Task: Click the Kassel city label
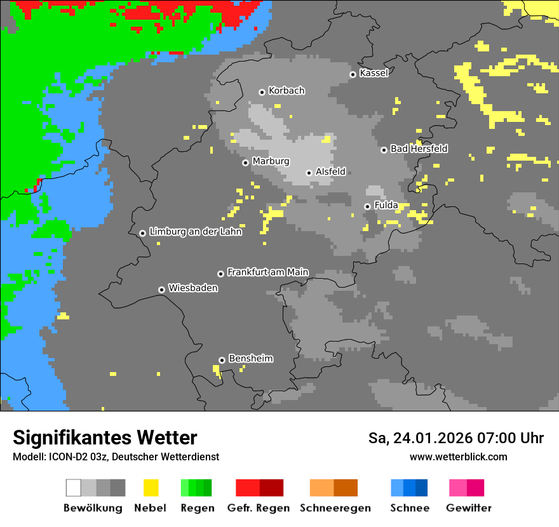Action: pos(374,73)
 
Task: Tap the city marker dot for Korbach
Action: pos(262,92)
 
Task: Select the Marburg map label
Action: pos(271,161)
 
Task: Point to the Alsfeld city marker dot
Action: pos(309,173)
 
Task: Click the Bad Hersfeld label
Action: pos(419,149)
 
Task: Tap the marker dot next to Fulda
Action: pos(367,206)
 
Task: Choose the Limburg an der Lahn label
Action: pos(195,232)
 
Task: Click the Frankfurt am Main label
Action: pos(267,272)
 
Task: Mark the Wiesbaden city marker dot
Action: pos(161,290)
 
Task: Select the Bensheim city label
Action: pos(250,358)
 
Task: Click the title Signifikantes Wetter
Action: pos(105,437)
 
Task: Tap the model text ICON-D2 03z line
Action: pos(116,457)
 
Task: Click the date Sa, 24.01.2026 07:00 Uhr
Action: pos(455,438)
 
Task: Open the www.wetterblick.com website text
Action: pos(458,457)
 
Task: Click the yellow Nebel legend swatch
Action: pos(151,488)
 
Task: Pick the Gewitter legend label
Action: pos(468,508)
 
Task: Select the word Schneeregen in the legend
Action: pos(335,508)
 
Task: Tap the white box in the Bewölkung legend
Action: pos(74,488)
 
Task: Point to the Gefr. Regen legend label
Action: pos(258,508)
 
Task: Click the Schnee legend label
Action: pos(409,508)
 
